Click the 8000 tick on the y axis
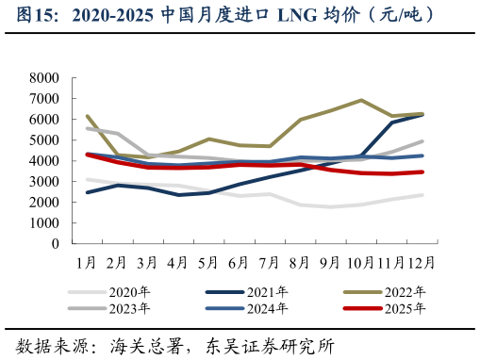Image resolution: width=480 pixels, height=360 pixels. coord(44,78)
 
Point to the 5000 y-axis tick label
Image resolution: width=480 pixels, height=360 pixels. coord(44,140)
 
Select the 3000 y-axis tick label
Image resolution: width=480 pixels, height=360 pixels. coord(44,182)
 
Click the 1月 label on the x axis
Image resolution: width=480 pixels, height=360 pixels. coord(86,261)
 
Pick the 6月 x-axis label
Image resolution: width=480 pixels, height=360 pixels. coord(239,261)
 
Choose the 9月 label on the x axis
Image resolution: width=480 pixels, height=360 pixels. coord(330,261)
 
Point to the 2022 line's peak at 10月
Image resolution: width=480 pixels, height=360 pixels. coord(361,100)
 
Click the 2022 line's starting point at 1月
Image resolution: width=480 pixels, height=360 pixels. coord(87,117)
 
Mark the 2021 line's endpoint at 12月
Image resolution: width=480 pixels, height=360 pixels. coord(422,114)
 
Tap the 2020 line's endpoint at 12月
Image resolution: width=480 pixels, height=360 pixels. coord(422,195)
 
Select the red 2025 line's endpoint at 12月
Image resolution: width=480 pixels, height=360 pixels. coord(422,172)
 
